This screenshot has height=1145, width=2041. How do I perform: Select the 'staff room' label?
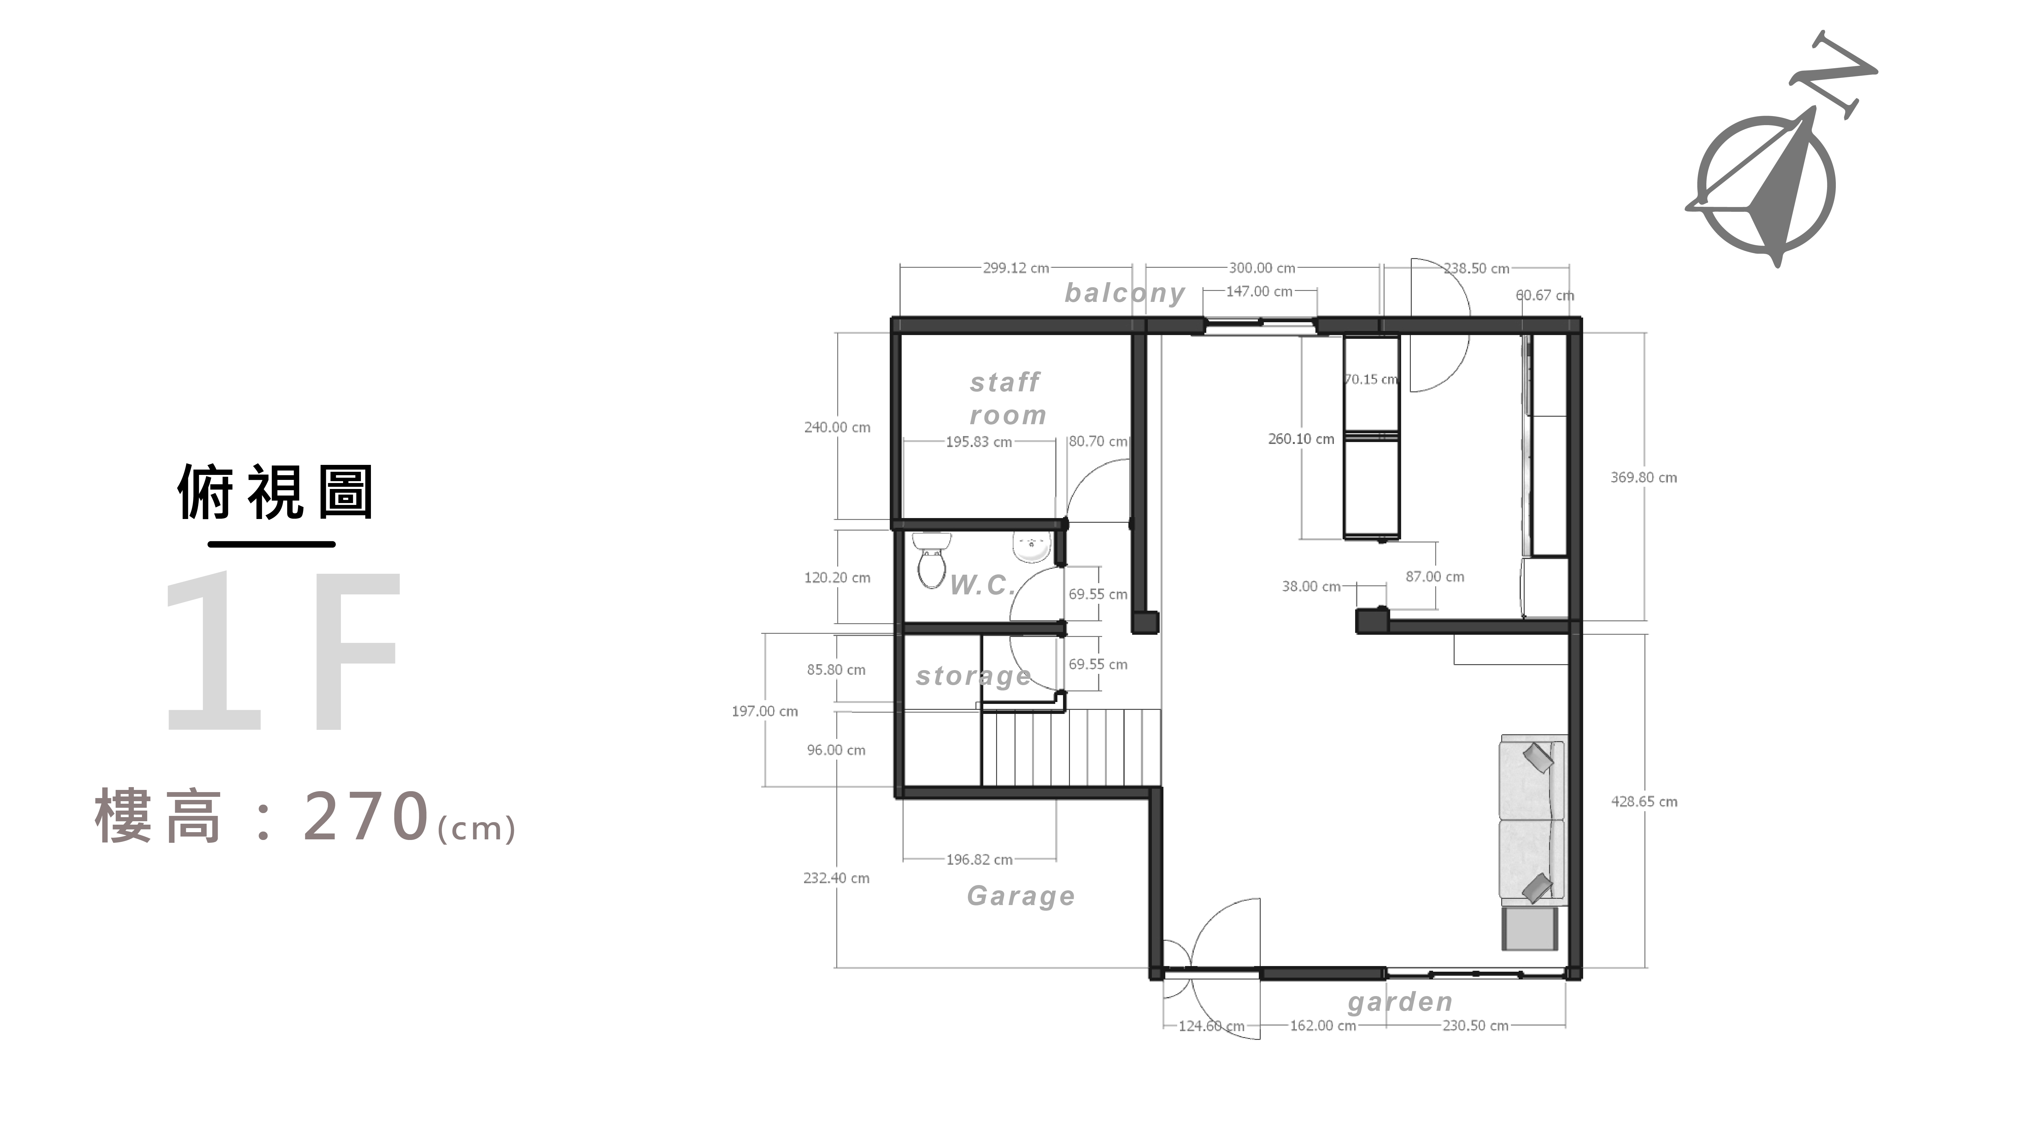[1007, 399]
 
